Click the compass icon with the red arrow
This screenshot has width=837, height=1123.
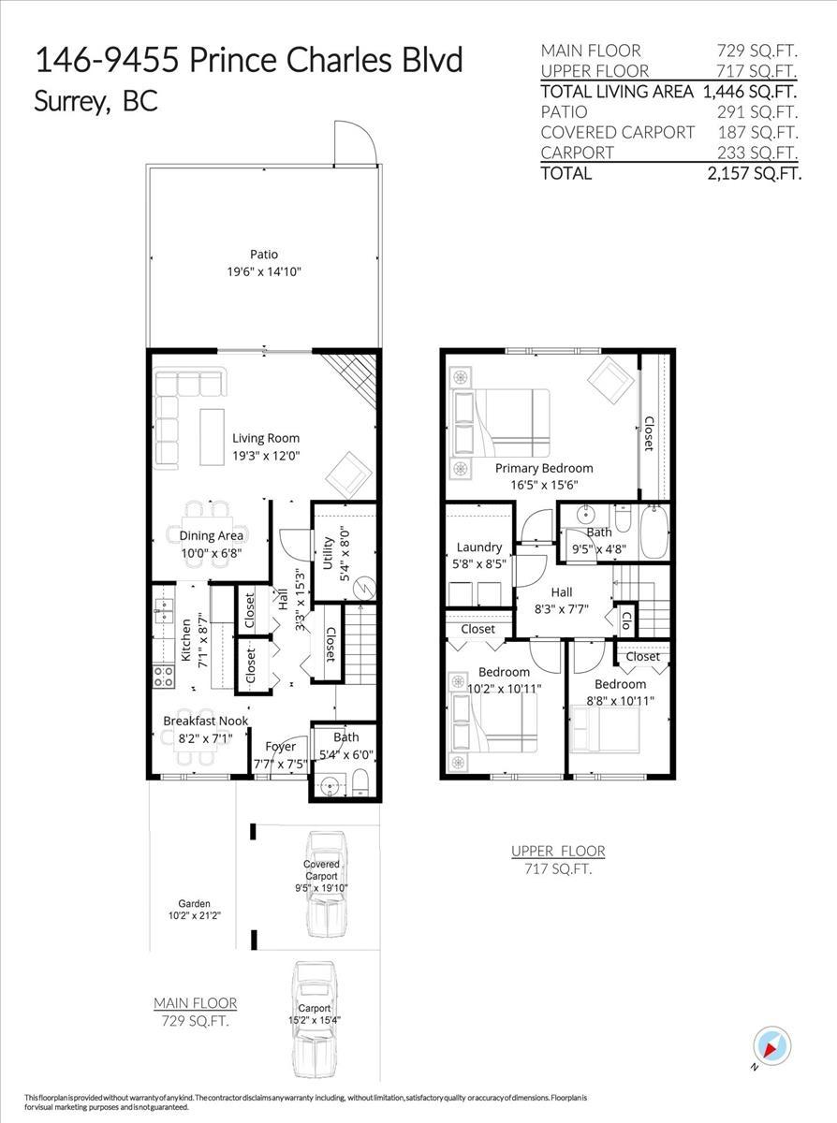click(x=772, y=1045)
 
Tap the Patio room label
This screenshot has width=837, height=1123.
click(x=263, y=255)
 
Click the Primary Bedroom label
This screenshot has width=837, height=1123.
click(x=544, y=468)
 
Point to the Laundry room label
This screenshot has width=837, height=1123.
click(x=478, y=547)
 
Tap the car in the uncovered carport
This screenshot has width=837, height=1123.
click(x=314, y=1015)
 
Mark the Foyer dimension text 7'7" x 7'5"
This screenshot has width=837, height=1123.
click(x=280, y=764)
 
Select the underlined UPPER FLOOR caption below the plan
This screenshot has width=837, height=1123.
click(x=558, y=851)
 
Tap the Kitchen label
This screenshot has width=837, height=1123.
click(x=186, y=640)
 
